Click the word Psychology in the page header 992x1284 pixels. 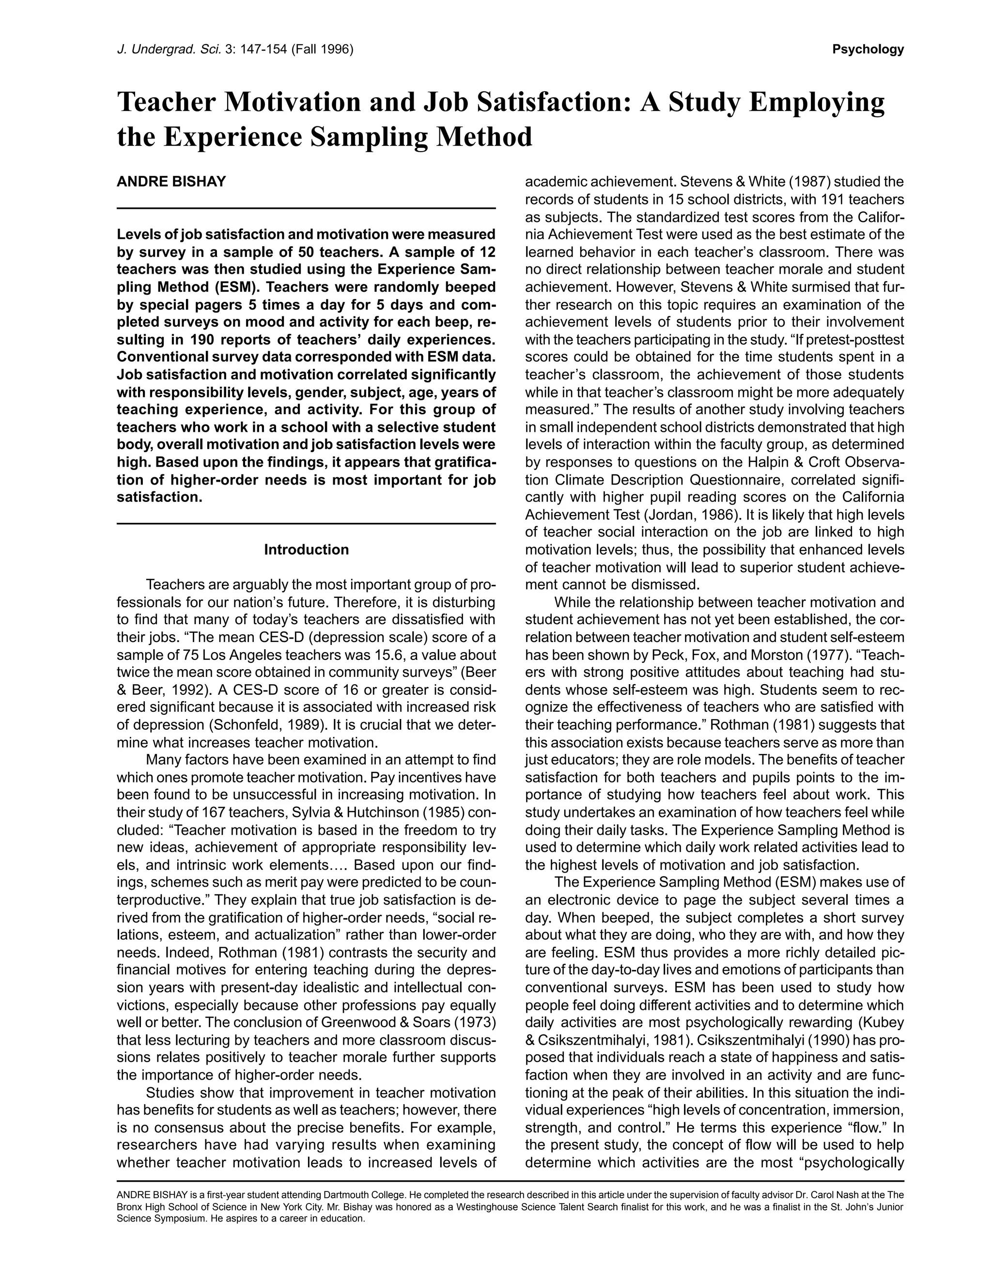click(x=868, y=50)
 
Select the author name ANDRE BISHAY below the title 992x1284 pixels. click(x=171, y=182)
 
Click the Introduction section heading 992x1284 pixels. click(x=306, y=550)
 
